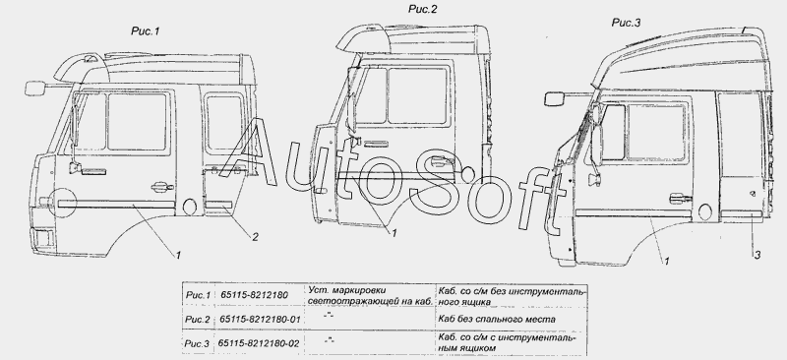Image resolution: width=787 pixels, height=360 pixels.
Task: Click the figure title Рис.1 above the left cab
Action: click(145, 31)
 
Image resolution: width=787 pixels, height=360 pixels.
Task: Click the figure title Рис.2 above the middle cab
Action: click(423, 9)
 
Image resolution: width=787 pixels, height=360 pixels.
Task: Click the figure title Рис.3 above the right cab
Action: click(626, 23)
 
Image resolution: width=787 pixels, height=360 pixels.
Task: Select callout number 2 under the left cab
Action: click(255, 237)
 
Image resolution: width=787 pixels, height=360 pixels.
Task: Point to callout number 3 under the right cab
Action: click(757, 255)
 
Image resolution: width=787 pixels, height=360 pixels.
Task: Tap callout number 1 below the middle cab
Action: click(394, 233)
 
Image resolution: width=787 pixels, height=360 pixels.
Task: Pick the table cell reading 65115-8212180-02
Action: click(259, 344)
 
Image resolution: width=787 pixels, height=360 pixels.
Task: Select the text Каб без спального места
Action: click(497, 320)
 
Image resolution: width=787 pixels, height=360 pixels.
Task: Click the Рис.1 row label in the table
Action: click(198, 295)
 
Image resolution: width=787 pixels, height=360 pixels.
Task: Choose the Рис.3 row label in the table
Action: click(197, 344)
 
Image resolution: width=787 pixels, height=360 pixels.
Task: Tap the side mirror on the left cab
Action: click(34, 88)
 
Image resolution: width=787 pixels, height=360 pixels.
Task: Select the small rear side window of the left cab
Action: click(224, 123)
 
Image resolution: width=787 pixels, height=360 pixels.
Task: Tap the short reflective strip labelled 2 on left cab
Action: click(217, 205)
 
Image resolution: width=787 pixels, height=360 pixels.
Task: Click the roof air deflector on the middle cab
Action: click(363, 40)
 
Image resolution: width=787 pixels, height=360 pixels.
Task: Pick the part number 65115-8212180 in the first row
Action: click(255, 295)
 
